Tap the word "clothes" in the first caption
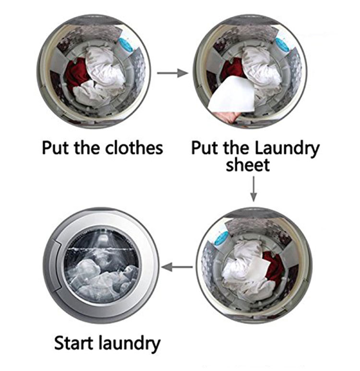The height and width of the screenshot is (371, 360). (x=134, y=148)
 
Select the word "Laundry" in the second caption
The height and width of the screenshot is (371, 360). (x=287, y=149)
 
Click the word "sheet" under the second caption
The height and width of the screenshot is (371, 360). (x=248, y=165)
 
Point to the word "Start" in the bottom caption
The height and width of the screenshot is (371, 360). (x=74, y=343)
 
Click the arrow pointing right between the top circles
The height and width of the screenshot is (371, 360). (x=172, y=73)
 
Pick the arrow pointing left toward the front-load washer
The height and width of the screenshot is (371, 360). (x=177, y=267)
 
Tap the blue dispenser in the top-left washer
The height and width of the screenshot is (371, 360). (x=125, y=45)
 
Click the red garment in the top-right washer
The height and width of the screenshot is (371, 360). (x=232, y=70)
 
